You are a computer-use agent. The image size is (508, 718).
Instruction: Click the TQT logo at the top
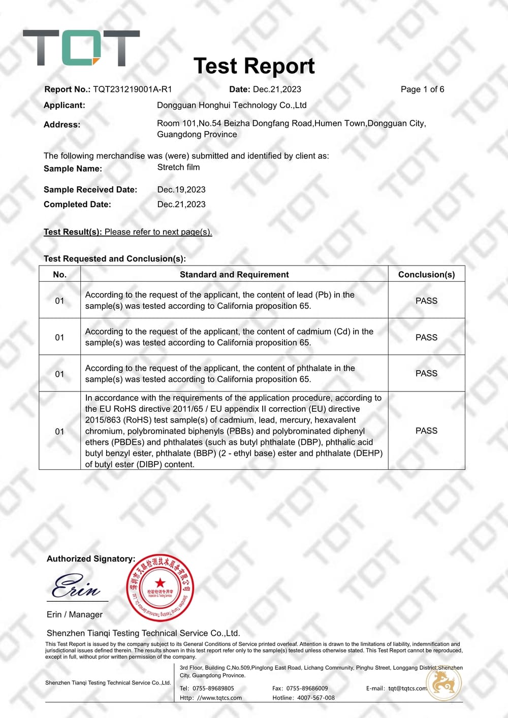click(81, 48)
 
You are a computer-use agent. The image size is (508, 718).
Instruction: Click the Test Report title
click(254, 66)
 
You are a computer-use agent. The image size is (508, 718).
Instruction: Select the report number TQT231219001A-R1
click(133, 89)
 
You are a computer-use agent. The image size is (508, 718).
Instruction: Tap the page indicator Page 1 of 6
click(422, 89)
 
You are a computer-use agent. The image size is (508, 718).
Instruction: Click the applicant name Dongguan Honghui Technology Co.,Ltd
click(232, 105)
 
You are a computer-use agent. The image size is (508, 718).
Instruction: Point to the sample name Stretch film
click(178, 167)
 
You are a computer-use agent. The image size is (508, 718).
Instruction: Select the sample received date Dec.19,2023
click(181, 189)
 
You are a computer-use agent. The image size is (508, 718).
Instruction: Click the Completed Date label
click(77, 204)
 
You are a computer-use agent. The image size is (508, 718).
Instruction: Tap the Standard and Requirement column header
click(234, 274)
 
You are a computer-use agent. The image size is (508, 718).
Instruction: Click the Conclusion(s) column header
click(426, 274)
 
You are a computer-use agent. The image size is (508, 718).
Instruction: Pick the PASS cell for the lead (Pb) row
click(426, 301)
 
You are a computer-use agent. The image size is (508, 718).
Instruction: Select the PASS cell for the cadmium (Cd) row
click(426, 337)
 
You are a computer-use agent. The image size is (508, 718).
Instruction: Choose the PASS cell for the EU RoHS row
click(426, 431)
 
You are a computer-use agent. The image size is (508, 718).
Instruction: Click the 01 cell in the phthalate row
click(59, 374)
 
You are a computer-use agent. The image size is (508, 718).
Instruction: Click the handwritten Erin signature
click(76, 586)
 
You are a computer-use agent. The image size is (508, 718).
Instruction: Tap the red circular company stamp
click(160, 588)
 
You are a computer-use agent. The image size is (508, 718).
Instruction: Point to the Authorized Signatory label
click(91, 559)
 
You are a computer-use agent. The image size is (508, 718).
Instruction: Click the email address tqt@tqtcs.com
click(407, 689)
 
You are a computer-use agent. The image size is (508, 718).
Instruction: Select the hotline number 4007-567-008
click(316, 698)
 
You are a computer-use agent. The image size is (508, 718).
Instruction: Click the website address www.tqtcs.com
click(219, 698)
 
